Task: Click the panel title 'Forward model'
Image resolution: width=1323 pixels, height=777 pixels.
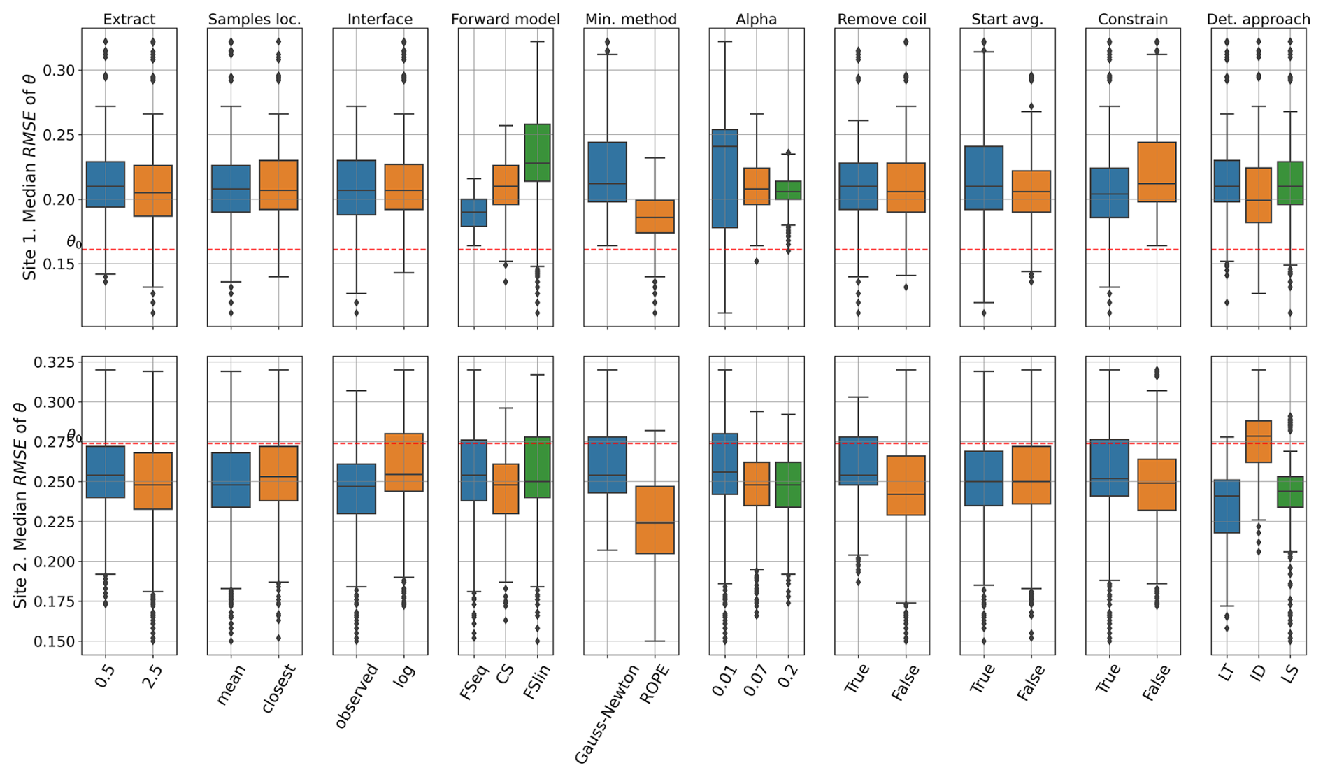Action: click(505, 20)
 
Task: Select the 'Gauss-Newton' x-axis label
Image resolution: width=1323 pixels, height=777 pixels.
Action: click(606, 713)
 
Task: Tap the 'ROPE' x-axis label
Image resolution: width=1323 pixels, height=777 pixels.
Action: click(655, 684)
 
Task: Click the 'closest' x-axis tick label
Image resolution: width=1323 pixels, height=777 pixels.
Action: click(279, 688)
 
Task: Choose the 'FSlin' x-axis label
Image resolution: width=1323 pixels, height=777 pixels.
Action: click(537, 680)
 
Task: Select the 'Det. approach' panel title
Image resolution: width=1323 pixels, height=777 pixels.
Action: click(1258, 20)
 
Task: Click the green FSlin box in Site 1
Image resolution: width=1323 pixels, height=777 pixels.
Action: click(537, 152)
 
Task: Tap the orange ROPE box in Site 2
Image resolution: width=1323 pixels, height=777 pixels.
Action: click(655, 520)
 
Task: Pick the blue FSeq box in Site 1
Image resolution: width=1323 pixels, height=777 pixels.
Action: click(473, 213)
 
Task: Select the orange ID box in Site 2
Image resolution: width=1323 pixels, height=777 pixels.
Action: click(1259, 441)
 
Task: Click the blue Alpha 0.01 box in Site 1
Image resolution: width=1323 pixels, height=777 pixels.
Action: click(724, 178)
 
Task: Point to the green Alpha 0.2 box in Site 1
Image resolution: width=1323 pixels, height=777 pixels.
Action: click(788, 190)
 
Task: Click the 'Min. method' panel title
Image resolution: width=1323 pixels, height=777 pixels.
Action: click(631, 20)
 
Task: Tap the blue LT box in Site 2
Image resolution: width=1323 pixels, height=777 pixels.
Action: click(1227, 506)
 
